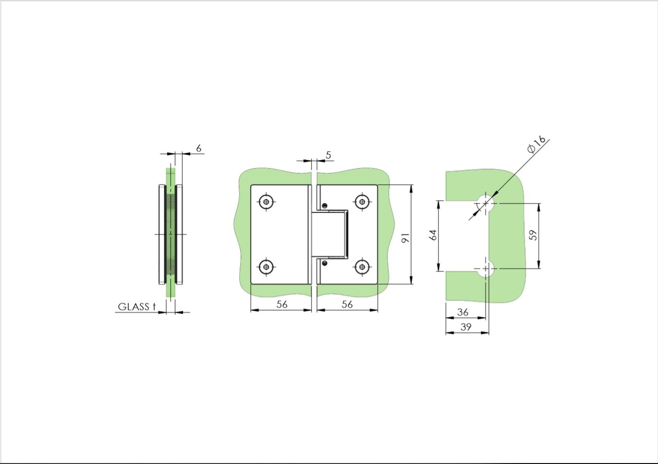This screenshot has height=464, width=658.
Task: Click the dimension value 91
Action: pos(405,238)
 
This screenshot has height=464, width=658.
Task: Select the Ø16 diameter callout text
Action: pos(536,144)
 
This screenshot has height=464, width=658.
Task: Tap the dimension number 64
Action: pos(433,235)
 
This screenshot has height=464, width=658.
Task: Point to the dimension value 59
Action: pos(533,235)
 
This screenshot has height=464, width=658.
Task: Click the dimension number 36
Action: pos(463,312)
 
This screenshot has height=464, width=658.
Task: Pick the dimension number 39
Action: pos(466,327)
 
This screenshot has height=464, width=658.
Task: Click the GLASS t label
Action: pos(136,306)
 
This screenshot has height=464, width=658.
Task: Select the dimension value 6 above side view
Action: pos(199,148)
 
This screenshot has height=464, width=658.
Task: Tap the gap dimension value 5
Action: pos(329,155)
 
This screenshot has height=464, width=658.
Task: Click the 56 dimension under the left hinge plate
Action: pos(282,304)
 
